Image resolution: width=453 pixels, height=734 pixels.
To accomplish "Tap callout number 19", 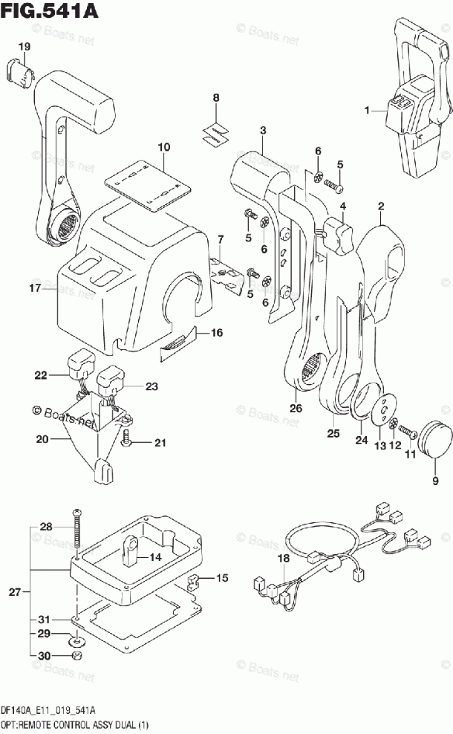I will [25, 47].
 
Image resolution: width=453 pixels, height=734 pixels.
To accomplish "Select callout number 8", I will [215, 97].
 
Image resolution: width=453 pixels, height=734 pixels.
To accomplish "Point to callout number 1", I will [366, 111].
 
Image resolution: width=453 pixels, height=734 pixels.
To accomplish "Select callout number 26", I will [296, 409].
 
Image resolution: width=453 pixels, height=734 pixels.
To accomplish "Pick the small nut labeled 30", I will [75, 657].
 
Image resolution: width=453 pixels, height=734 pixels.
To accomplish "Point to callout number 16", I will [215, 333].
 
